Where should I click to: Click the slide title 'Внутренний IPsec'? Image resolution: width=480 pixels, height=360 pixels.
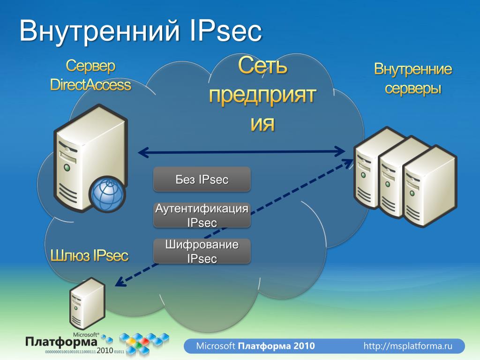(140, 31)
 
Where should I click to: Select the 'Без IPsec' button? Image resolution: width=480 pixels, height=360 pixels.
(202, 179)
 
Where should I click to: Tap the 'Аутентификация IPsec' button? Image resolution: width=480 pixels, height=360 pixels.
(202, 215)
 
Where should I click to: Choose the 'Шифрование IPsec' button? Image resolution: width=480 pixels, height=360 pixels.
(202, 251)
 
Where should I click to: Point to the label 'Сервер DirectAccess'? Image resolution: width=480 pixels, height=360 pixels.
(90, 75)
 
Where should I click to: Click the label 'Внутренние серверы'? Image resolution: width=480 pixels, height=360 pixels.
(413, 78)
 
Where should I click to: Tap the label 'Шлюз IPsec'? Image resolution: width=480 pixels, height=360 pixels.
(89, 255)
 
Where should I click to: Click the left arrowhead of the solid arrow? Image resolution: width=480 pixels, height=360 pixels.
(141, 152)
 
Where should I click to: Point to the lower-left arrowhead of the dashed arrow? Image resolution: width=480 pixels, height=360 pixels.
(119, 283)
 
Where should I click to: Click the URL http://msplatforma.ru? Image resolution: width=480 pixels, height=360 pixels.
(408, 346)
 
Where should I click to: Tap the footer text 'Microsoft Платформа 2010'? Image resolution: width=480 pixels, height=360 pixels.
(255, 346)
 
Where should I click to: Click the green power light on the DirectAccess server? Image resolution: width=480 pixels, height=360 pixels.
(67, 166)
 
